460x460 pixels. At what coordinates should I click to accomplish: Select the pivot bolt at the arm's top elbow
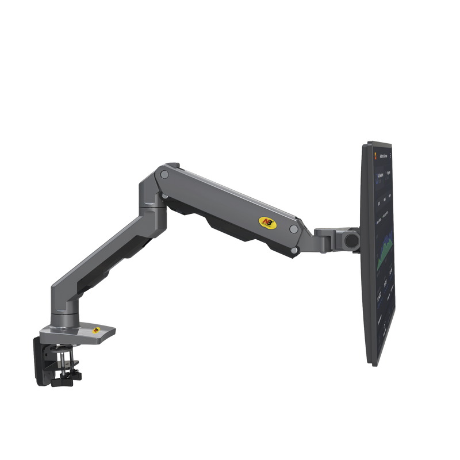[x=165, y=174]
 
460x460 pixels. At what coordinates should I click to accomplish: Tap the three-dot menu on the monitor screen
[x=390, y=155]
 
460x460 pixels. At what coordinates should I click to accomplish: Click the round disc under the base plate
[x=64, y=348]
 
